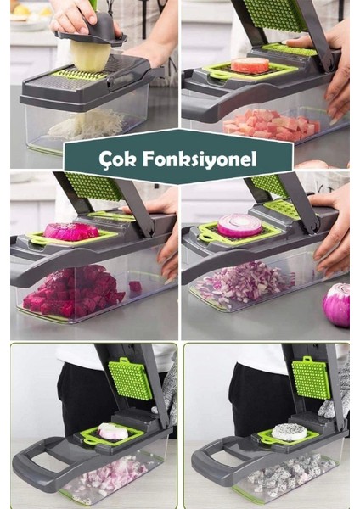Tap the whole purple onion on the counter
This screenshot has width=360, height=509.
337,304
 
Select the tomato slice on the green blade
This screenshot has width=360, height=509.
250,65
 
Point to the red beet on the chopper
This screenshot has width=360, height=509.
71,231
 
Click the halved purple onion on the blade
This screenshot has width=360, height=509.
240,226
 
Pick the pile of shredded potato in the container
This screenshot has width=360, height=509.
85,125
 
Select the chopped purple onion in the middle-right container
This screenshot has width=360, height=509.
245,282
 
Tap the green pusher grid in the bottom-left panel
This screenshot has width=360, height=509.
130,378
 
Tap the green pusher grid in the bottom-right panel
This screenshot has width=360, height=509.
312,378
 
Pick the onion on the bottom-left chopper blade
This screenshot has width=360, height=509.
112,432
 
